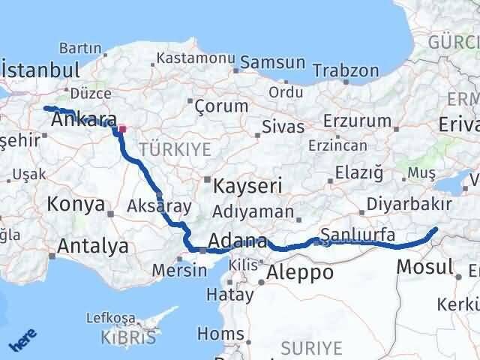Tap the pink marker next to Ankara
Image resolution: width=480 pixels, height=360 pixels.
[x=122, y=128]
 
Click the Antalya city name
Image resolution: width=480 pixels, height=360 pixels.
[x=92, y=246]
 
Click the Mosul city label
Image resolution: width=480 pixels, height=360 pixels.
[x=424, y=265]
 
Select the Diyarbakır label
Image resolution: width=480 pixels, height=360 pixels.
[x=409, y=204]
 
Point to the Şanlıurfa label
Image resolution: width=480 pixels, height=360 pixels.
[x=358, y=235]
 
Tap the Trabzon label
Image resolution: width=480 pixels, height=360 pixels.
[x=346, y=70]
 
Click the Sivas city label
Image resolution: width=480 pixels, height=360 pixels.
[x=283, y=127]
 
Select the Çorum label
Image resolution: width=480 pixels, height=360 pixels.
[x=221, y=106]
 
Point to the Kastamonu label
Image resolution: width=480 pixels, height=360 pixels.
[x=196, y=57]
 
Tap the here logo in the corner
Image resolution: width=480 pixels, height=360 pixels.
[x=22, y=342]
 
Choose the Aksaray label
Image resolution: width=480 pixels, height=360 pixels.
[x=160, y=206]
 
